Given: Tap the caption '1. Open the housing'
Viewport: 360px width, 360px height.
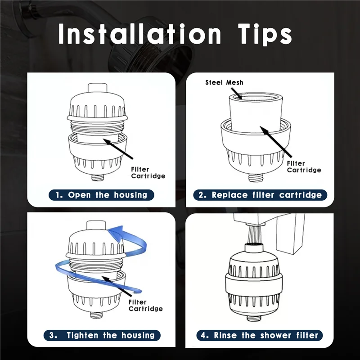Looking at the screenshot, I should click(101, 195).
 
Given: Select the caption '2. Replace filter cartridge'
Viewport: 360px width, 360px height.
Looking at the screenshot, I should click(261, 195).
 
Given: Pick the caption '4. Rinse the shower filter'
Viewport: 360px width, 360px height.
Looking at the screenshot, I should click(260, 335).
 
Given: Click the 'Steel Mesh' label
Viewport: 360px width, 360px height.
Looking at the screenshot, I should click(224, 82).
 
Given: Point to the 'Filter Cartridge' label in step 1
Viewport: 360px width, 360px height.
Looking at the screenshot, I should click(148, 172).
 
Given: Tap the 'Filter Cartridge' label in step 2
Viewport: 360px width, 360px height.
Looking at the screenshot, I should click(304, 166).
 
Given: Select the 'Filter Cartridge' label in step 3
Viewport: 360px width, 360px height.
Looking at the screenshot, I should click(145, 306).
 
